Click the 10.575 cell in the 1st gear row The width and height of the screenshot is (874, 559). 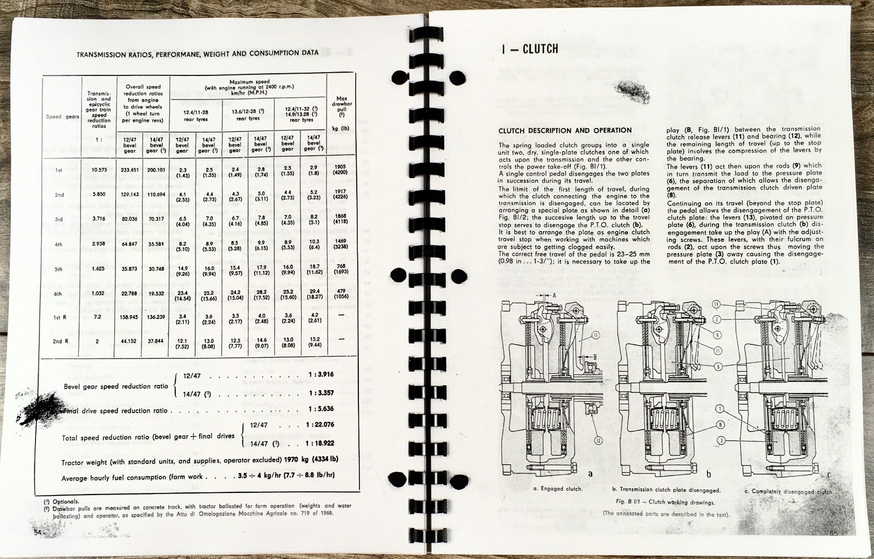(x=98, y=170)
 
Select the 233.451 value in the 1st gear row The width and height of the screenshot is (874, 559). (x=129, y=170)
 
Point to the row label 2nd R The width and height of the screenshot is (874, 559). (x=57, y=342)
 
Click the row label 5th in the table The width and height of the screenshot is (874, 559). (x=58, y=269)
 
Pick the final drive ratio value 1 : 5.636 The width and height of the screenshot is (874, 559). (x=321, y=409)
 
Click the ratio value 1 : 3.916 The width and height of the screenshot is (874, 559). (x=321, y=375)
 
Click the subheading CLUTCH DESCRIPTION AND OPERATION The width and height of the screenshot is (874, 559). (x=565, y=131)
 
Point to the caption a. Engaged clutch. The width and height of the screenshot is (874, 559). (x=557, y=489)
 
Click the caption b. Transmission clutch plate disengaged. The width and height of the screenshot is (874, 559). (x=666, y=490)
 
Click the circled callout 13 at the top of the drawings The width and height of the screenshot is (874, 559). (x=716, y=304)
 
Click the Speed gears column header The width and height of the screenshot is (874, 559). (x=62, y=116)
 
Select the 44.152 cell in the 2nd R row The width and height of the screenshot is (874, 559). (x=129, y=342)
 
